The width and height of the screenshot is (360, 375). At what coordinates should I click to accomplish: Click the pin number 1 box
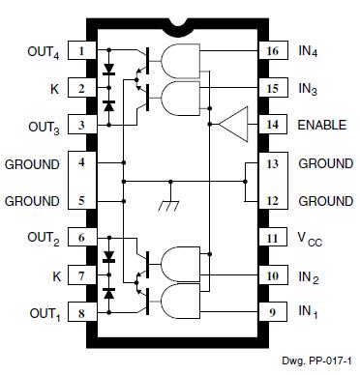tap(82, 51)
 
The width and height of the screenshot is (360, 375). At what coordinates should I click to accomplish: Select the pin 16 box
tap(271, 51)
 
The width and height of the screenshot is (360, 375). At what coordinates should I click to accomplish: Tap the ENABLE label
tap(323, 125)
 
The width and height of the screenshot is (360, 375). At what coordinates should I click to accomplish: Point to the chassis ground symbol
tap(166, 206)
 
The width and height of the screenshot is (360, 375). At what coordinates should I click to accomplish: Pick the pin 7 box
tap(82, 276)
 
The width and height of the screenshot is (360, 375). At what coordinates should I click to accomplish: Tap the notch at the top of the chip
tap(176, 22)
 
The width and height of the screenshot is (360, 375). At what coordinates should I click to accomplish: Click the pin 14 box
tap(271, 125)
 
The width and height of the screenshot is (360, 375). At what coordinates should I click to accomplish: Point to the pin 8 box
tap(82, 313)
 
